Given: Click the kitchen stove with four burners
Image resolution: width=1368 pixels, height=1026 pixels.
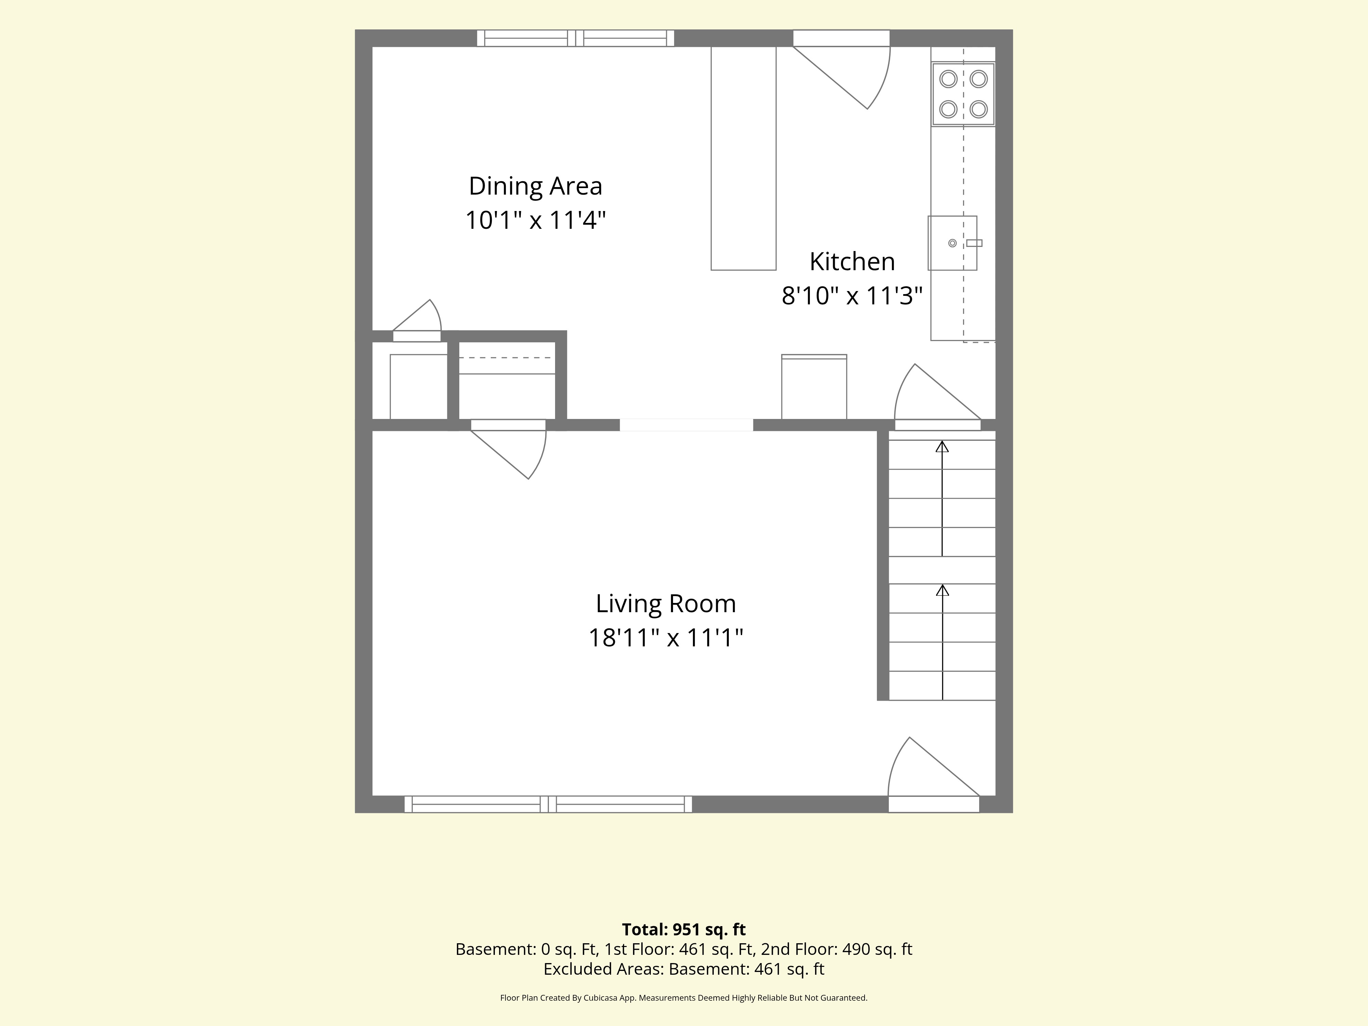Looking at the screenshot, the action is click(x=963, y=94).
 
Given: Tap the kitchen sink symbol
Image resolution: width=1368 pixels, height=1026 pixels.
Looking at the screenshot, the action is click(x=953, y=243).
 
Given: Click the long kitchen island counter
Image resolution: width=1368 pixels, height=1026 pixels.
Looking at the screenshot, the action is click(x=744, y=158).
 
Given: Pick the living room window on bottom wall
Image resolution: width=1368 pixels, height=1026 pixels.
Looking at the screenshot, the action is click(x=548, y=804).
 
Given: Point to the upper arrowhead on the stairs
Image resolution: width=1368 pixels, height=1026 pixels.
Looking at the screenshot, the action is click(x=942, y=446).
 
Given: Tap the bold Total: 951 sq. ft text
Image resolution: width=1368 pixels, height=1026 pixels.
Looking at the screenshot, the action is click(x=684, y=930).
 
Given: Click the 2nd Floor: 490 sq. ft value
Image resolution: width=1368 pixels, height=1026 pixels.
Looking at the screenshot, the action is click(x=837, y=949).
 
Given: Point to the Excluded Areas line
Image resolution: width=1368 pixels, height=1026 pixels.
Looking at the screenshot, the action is click(x=684, y=969).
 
